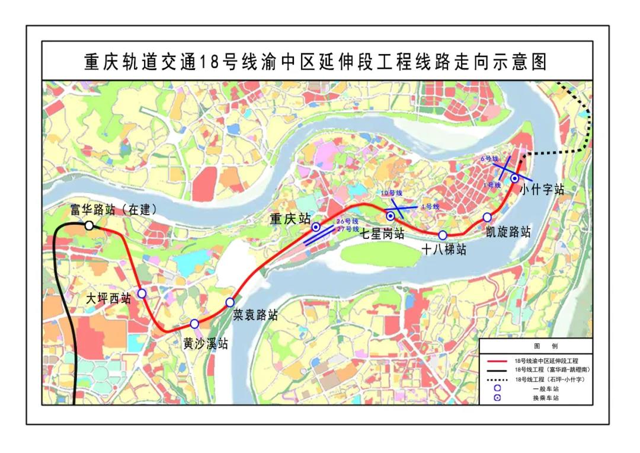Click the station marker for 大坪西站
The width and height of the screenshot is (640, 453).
point(142,293)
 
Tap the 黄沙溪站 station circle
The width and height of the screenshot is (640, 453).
point(194,324)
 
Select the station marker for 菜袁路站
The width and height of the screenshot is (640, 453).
point(230,302)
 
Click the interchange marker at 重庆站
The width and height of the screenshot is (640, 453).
point(316,226)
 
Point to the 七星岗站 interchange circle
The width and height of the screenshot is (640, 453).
point(390,216)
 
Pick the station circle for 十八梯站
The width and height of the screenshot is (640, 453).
point(443,235)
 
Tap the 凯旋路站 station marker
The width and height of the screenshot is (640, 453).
point(487,217)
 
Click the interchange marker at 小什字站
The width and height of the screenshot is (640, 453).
point(514,178)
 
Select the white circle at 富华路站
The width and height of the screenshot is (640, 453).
point(89,225)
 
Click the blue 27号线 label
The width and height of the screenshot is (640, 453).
point(348,229)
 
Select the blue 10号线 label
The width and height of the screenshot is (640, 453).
point(391,193)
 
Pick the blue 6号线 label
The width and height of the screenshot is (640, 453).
point(490,159)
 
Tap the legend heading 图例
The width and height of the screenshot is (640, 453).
point(537,346)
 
